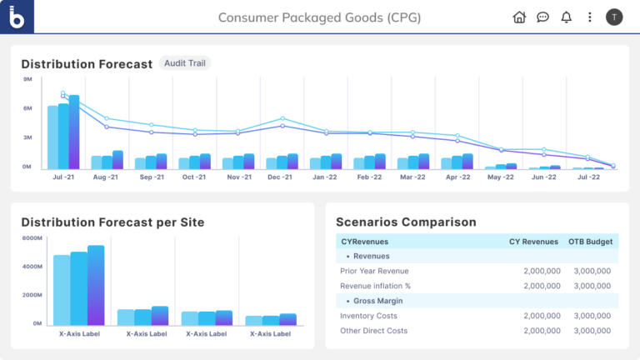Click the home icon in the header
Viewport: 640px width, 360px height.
[x=519, y=17]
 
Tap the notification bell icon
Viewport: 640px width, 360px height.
[x=567, y=17]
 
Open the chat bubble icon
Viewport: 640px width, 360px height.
[x=542, y=17]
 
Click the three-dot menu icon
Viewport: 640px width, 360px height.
[x=590, y=17]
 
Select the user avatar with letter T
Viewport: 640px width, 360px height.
[x=614, y=17]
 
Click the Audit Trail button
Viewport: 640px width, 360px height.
[x=185, y=63]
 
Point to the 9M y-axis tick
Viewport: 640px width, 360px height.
[x=27, y=79]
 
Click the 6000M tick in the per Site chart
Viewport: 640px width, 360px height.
[x=32, y=238]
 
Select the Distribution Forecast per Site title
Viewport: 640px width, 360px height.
[x=112, y=222]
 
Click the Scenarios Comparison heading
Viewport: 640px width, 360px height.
[x=406, y=222]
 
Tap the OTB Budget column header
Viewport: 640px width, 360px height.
[x=591, y=242]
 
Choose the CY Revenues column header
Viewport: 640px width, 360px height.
[x=533, y=242]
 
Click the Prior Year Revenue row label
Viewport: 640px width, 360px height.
[x=375, y=271]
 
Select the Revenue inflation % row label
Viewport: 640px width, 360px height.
[x=375, y=286]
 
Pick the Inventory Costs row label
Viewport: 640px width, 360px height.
[x=368, y=316]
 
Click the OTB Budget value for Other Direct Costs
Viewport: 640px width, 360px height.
[x=592, y=331]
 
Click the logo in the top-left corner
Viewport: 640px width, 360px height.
[x=17, y=17]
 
